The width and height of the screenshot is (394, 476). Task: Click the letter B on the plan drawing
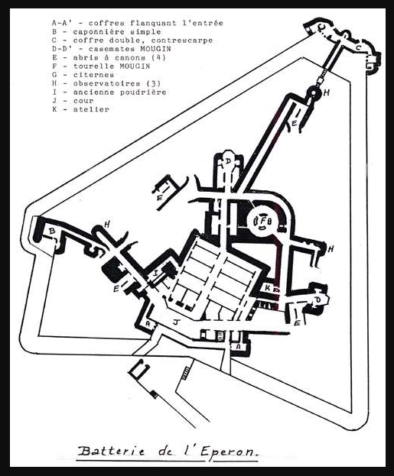[52, 231]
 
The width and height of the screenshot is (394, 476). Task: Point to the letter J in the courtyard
[175, 322]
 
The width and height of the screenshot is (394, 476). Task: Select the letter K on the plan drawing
[268, 287]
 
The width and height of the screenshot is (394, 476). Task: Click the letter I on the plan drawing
[155, 273]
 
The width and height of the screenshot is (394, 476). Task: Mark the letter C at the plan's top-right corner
[359, 47]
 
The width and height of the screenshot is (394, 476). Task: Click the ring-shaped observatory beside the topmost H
[314, 92]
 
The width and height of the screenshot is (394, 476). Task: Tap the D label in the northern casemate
[228, 161]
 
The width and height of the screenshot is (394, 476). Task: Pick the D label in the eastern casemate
[318, 300]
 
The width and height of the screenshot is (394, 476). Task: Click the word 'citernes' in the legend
[93, 75]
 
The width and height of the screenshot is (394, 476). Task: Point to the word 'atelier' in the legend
[91, 109]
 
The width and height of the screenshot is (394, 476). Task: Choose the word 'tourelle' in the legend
[93, 66]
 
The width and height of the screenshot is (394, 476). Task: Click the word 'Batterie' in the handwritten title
[111, 451]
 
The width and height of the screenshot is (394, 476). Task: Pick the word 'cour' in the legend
[83, 101]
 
